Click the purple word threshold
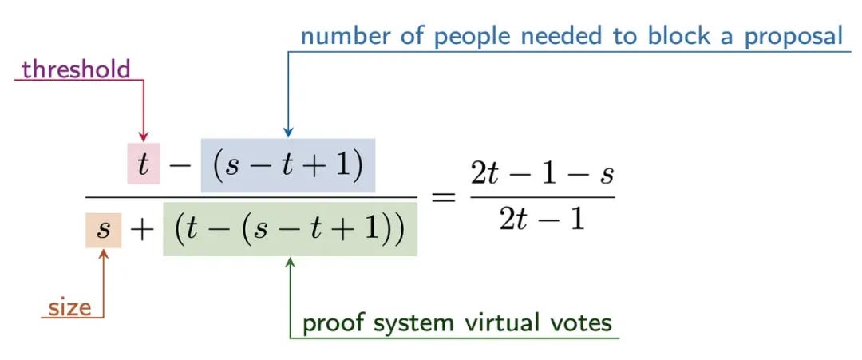77,69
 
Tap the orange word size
69,307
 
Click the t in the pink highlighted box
144,163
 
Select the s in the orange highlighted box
103,229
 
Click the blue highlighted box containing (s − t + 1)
288,165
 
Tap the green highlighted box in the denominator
290,229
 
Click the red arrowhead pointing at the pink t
144,136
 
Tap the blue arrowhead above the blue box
288,132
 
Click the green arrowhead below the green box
291,263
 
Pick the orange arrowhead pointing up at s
103,255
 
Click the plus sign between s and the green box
142,231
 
